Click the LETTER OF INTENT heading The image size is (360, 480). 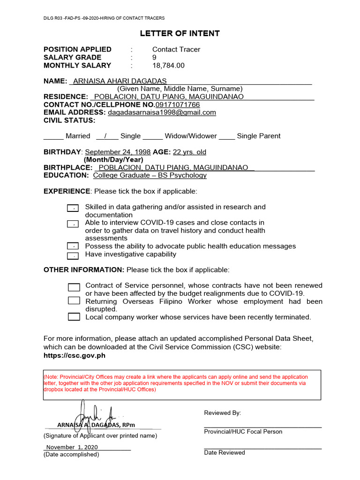180,33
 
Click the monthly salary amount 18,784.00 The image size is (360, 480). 168,66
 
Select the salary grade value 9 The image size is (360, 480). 154,58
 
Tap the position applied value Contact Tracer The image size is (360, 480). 176,49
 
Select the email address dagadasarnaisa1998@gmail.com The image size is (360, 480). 162,112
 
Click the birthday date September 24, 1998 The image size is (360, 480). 118,152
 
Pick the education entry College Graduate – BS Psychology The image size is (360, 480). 150,175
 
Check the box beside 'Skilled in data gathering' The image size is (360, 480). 73,208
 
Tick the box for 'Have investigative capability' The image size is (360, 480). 73,256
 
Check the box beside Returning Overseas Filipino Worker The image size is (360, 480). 74,301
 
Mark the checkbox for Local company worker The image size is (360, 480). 74,317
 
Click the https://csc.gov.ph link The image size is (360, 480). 74,355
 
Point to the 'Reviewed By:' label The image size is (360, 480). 222,413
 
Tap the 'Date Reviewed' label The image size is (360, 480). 225,453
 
